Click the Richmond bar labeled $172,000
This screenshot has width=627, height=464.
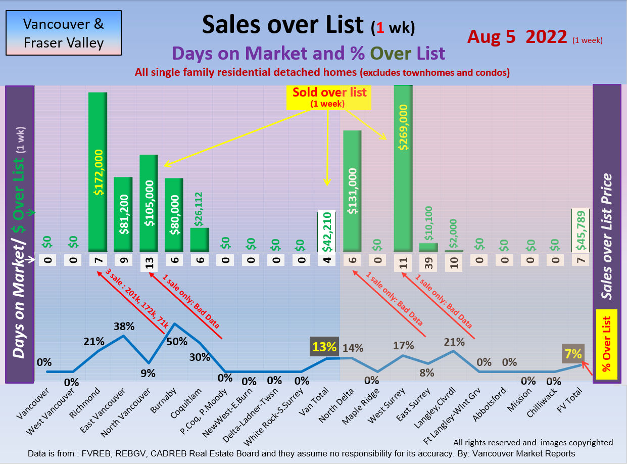pyautogui.click(x=98, y=172)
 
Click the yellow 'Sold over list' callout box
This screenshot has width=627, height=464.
pyautogui.click(x=329, y=97)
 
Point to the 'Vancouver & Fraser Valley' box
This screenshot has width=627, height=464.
pyautogui.click(x=64, y=33)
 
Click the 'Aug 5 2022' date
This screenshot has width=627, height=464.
pyautogui.click(x=517, y=36)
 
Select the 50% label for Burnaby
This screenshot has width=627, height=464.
pyautogui.click(x=177, y=341)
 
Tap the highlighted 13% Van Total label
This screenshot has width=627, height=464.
pyautogui.click(x=324, y=347)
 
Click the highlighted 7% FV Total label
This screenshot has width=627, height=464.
pyautogui.click(x=573, y=354)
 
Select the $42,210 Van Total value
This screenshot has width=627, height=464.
pyautogui.click(x=326, y=230)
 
